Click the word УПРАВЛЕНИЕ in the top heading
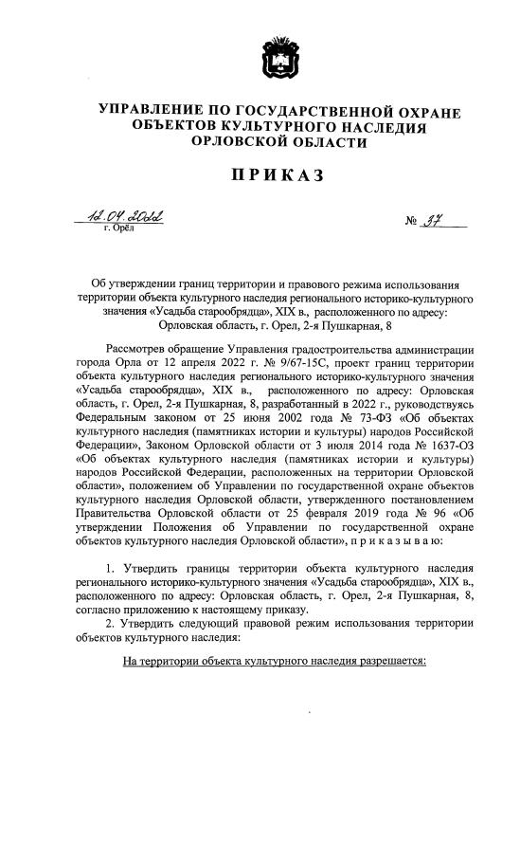click(152, 113)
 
